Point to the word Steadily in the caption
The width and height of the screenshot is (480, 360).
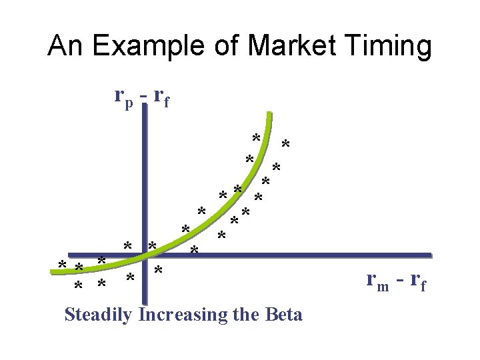pyautogui.click(x=99, y=314)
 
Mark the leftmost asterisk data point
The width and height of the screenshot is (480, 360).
pyautogui.click(x=62, y=266)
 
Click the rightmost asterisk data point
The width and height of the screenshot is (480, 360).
pyautogui.click(x=285, y=145)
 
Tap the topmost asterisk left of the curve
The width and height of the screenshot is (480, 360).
pyautogui.click(x=255, y=139)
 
